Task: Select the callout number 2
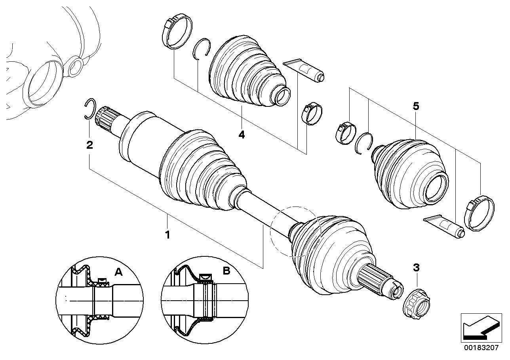tap(90, 145)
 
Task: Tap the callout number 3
tap(416, 268)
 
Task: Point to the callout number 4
tap(242, 135)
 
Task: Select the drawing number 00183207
tap(481, 348)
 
